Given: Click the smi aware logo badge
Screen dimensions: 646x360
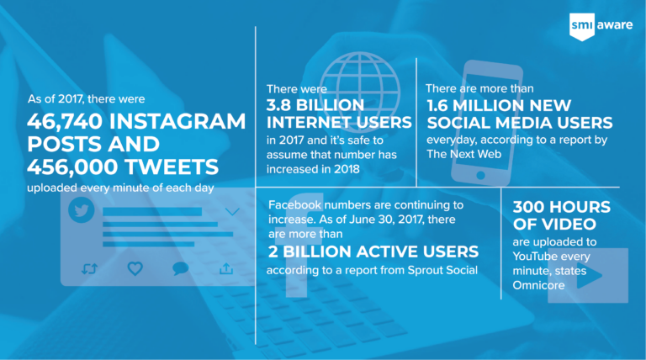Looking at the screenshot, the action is click(582, 26).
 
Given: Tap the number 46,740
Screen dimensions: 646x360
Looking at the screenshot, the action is click(65, 121).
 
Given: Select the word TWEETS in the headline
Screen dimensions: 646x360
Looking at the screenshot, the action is click(172, 167).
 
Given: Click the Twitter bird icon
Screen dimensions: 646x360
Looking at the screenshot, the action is click(81, 209).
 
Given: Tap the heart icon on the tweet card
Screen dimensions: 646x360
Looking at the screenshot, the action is click(135, 268).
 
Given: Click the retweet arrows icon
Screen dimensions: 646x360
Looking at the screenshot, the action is click(89, 269).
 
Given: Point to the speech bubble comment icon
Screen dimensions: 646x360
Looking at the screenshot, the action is click(181, 268).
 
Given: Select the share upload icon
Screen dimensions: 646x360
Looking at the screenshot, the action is click(226, 269).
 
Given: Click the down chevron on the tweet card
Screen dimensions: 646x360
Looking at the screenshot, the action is click(232, 212).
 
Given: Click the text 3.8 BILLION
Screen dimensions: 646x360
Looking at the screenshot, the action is click(315, 105).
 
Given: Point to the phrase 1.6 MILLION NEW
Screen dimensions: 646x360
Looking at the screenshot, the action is click(499, 106).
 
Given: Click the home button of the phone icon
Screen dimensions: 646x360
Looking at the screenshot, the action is click(480, 175).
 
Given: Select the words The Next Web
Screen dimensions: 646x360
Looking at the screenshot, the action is click(464, 154).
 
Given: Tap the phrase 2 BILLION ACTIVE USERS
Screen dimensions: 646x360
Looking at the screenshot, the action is click(373, 251).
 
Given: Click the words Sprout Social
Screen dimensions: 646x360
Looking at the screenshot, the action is click(442, 270).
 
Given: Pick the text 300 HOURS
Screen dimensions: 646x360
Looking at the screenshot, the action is click(562, 207).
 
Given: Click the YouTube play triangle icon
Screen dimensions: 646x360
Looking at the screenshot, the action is click(588, 275).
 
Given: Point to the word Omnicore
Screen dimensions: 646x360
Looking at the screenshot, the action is click(538, 285).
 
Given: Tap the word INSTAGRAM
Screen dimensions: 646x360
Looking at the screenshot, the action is click(177, 121).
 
